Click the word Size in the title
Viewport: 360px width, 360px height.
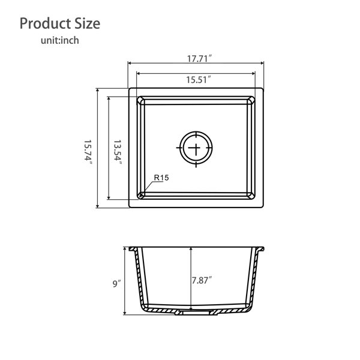(87, 23)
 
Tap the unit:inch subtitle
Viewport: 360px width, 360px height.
(59, 40)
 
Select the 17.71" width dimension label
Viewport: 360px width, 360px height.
(199, 59)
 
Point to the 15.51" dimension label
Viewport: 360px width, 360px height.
(198, 80)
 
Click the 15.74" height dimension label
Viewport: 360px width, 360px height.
(88, 153)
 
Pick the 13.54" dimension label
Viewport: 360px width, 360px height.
(118, 153)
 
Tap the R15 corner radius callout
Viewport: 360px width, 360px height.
(161, 178)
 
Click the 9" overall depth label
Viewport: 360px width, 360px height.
(116, 283)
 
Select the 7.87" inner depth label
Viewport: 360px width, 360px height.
(202, 280)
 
